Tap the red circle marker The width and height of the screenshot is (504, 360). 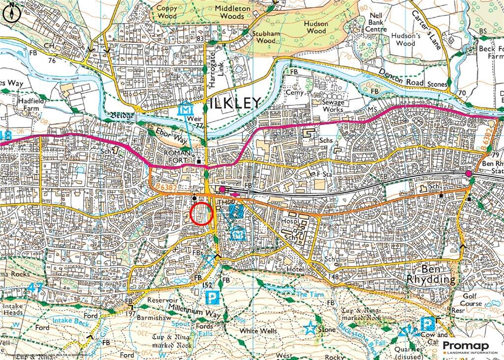pyautogui.click(x=201, y=213)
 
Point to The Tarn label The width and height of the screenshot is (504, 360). pyautogui.click(x=309, y=294)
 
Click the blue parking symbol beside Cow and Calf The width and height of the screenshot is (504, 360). pyautogui.click(x=427, y=324)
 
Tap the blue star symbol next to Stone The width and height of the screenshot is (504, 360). pyautogui.click(x=310, y=328)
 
